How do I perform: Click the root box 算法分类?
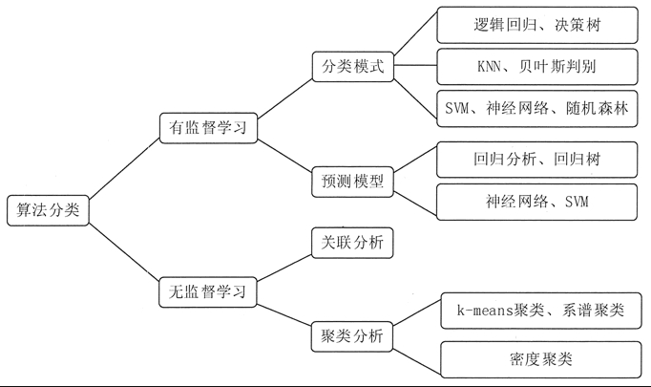click(x=48, y=210)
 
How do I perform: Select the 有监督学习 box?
click(x=208, y=128)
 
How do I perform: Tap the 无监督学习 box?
click(x=208, y=292)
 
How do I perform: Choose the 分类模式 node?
click(x=352, y=67)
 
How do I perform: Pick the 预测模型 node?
click(x=352, y=182)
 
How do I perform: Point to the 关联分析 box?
click(x=352, y=243)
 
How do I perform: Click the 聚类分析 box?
click(x=352, y=336)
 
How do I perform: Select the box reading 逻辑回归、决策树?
click(x=537, y=25)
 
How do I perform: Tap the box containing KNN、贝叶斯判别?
click(x=537, y=67)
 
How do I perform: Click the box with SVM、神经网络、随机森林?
click(x=537, y=109)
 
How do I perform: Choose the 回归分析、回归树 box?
click(x=536, y=160)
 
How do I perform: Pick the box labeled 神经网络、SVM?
click(x=536, y=202)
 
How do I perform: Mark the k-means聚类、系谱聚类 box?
click(x=541, y=311)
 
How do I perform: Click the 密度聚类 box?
click(x=541, y=359)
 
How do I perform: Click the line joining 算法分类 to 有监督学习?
click(x=124, y=168)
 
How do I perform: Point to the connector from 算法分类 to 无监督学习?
click(x=124, y=253)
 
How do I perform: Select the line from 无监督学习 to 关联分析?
click(x=284, y=269)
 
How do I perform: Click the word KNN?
click(x=489, y=67)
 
